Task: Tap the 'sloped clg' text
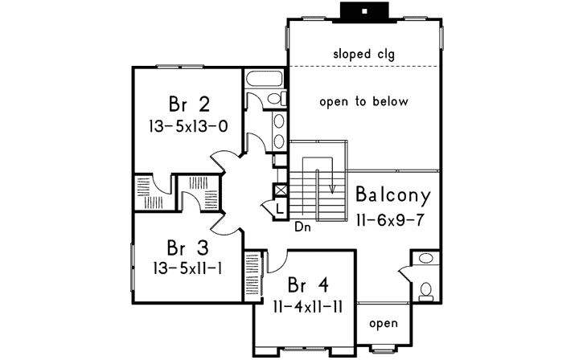click(x=363, y=53)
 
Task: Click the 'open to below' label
click(x=363, y=102)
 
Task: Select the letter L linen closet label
click(x=279, y=208)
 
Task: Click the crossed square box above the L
click(x=280, y=191)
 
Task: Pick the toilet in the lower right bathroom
click(x=425, y=290)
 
